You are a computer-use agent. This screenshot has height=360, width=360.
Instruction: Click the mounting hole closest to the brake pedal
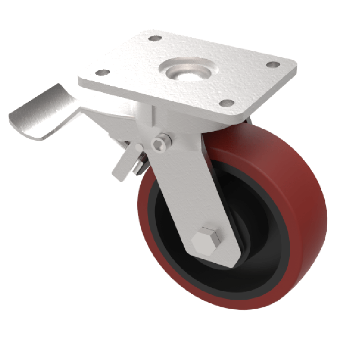coord(103,72)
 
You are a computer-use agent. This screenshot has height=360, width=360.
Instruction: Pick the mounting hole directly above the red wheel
coord(227,103)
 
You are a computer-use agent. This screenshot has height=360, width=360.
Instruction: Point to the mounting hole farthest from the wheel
coord(155,38)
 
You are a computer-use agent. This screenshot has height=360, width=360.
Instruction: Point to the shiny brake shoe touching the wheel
coord(140,162)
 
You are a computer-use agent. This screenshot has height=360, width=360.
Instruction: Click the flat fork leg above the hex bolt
coord(189,189)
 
